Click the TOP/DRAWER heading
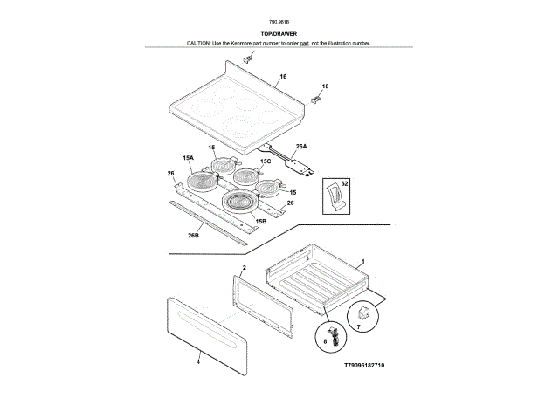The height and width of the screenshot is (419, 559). tap(279, 33)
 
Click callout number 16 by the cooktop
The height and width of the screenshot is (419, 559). tap(282, 78)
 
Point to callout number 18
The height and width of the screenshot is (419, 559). tap(325, 86)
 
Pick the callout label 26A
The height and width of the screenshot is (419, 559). tap(301, 147)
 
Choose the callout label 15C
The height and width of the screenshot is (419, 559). tap(266, 161)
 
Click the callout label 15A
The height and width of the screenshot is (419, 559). tap(188, 158)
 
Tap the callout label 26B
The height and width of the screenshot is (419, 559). tap(194, 235)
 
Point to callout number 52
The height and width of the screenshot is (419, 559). tap(343, 184)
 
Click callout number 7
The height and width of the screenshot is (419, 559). tap(356, 326)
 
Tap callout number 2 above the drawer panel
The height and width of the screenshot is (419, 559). tap(244, 267)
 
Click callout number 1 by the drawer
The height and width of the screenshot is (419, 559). tap(362, 262)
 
